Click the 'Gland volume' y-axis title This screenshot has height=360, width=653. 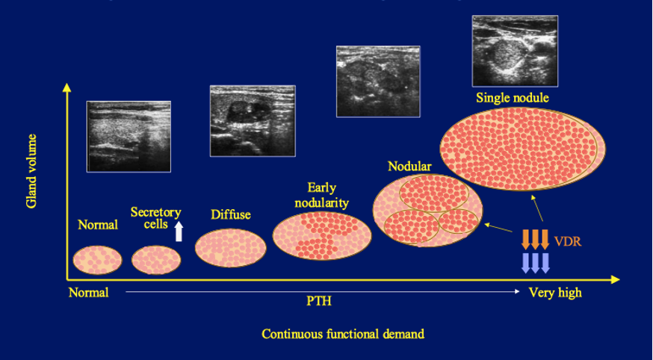click(x=31, y=171)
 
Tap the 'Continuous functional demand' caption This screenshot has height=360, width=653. click(x=343, y=334)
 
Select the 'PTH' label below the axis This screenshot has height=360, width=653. click(x=319, y=301)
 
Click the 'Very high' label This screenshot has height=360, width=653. click(x=555, y=293)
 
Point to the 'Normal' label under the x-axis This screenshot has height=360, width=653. click(x=88, y=293)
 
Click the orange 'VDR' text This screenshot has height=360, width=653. click(x=567, y=241)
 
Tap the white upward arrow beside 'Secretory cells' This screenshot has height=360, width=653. click(x=179, y=231)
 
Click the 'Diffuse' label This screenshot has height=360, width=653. click(x=231, y=215)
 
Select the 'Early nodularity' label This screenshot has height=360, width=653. click(x=321, y=195)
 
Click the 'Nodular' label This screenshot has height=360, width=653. click(x=409, y=167)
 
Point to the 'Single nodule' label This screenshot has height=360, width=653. click(x=513, y=98)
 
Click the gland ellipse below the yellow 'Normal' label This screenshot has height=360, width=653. click(x=97, y=260)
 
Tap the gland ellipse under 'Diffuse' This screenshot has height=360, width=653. click(x=230, y=248)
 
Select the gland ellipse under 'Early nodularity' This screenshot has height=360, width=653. click(x=322, y=235)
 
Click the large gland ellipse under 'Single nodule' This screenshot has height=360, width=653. click(x=523, y=149)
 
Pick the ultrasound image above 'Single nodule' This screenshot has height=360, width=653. click(x=515, y=51)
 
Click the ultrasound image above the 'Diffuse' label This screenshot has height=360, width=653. click(x=253, y=121)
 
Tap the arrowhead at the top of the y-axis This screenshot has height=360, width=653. click(x=66, y=87)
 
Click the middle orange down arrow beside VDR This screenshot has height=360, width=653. click(x=535, y=239)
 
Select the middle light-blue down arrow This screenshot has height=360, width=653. click(x=535, y=263)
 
